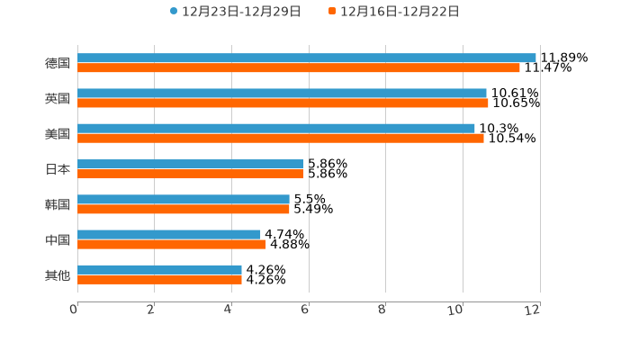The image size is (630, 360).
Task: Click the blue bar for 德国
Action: click(306, 58)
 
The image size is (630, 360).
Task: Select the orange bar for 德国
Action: click(298, 67)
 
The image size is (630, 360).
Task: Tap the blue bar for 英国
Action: click(282, 93)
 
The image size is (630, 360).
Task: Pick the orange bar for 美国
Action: click(280, 139)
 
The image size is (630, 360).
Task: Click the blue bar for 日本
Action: click(190, 164)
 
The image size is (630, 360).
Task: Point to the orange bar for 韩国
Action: click(183, 210)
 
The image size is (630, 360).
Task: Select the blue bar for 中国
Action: click(168, 235)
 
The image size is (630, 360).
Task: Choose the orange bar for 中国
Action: click(171, 245)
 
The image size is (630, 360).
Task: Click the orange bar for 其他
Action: click(159, 280)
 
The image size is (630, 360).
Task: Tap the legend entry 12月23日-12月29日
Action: click(235, 12)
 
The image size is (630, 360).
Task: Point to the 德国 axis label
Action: click(58, 63)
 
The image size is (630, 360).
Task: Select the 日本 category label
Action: click(58, 169)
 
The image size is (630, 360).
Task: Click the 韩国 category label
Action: click(58, 204)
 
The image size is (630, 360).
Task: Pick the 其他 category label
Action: click(58, 275)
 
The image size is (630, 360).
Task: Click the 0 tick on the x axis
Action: click(74, 310)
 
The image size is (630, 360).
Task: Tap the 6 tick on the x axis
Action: click(305, 310)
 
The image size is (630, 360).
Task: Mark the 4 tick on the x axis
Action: click(229, 310)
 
